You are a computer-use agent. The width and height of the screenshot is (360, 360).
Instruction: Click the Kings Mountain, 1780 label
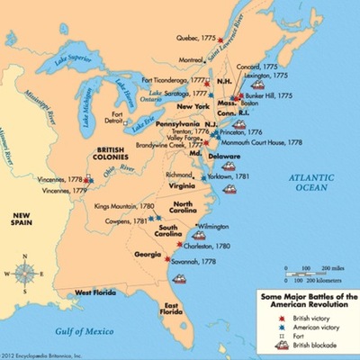pyautogui.click(x=121, y=206)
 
